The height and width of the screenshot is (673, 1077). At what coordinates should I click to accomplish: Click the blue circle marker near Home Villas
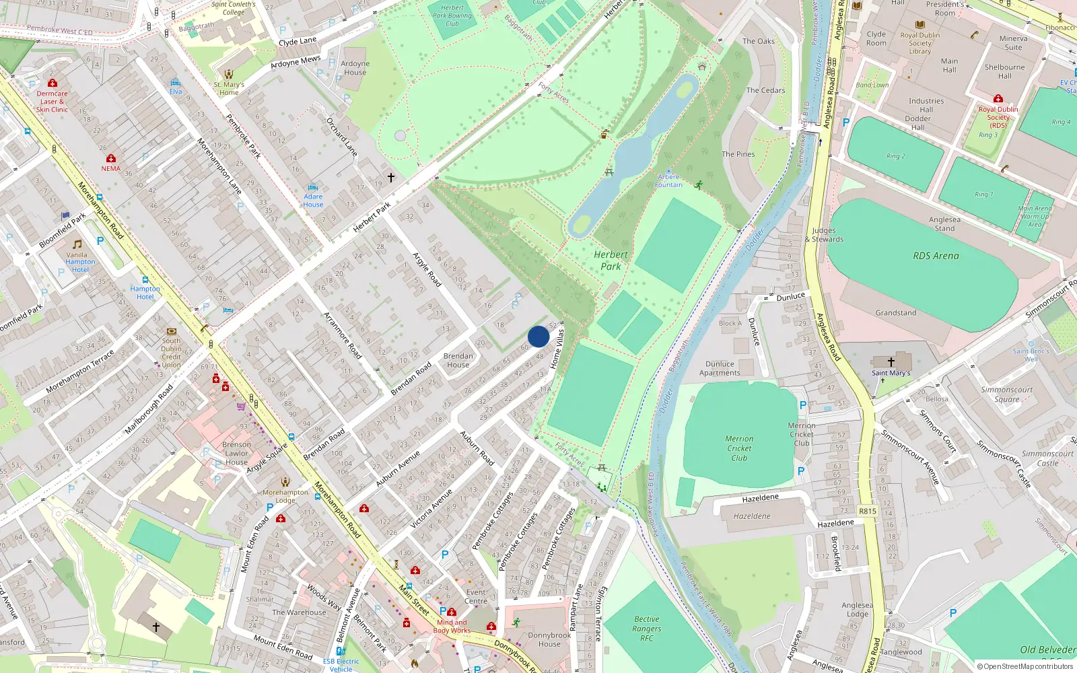click(x=538, y=336)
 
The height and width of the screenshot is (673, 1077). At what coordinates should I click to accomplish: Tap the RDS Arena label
click(x=936, y=256)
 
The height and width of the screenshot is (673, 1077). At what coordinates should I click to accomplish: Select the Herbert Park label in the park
click(x=611, y=260)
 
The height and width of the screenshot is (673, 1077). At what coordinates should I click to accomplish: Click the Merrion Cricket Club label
click(x=739, y=448)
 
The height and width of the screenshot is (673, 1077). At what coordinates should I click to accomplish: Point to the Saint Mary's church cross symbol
click(x=891, y=362)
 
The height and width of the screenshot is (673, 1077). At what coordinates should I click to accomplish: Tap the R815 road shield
click(x=868, y=511)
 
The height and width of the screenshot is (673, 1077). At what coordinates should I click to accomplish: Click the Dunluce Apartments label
click(x=720, y=368)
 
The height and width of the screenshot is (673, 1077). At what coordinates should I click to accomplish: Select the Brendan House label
click(x=458, y=360)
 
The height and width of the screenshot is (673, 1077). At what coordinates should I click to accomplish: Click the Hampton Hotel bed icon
click(x=145, y=279)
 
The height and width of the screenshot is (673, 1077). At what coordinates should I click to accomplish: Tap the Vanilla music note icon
click(x=77, y=244)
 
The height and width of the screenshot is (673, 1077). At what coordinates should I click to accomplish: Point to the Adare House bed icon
click(x=312, y=188)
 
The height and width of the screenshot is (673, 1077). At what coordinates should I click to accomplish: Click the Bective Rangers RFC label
click(x=646, y=629)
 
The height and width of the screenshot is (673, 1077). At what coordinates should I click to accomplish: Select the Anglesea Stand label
click(x=944, y=223)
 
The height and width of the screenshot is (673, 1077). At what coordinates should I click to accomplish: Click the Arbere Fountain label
click(x=668, y=180)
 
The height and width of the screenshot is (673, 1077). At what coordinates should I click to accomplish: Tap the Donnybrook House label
click(x=549, y=639)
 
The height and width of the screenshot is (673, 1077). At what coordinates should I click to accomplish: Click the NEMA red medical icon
click(x=111, y=159)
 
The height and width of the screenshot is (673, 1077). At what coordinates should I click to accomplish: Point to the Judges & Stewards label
click(x=824, y=234)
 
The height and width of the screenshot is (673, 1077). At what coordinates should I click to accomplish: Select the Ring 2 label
click(x=895, y=156)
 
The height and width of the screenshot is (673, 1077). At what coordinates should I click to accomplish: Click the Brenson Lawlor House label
click(x=236, y=453)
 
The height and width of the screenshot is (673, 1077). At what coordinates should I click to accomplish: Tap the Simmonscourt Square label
click(x=1007, y=394)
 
